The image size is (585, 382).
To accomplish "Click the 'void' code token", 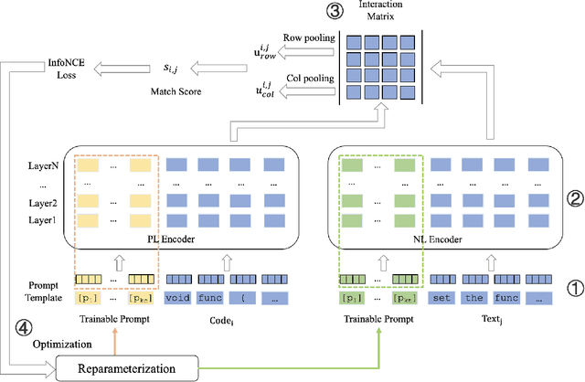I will [x=179, y=297].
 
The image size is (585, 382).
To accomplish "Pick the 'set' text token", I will [x=443, y=297].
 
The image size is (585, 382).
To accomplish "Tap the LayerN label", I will [x=42, y=165].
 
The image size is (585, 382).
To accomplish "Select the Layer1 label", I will [x=42, y=220].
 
